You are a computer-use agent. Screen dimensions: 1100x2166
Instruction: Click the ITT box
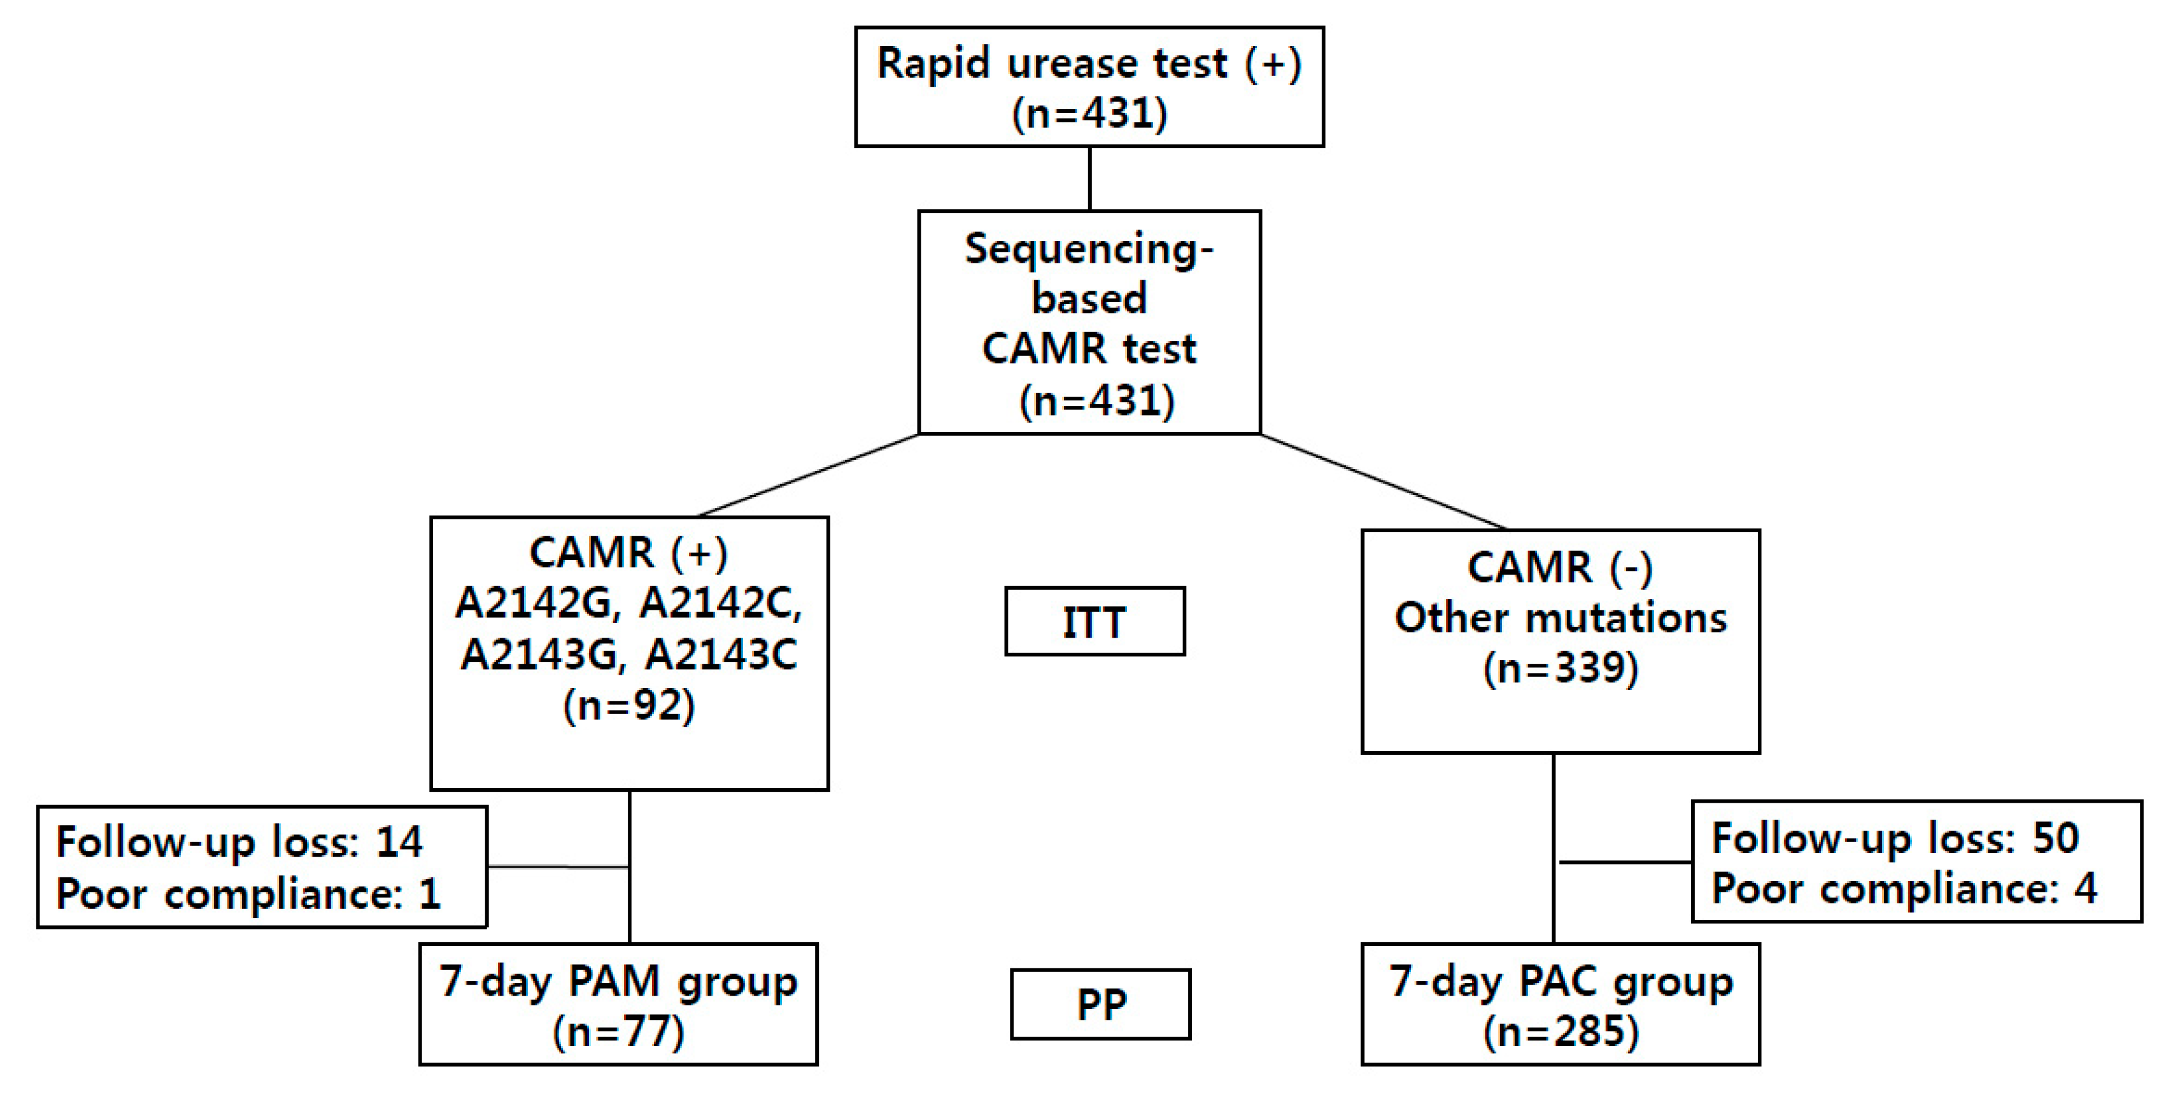(x=1095, y=621)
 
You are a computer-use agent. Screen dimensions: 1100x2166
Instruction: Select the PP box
(x=1101, y=1004)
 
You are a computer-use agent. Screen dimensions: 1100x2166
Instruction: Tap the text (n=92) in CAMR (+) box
(x=629, y=705)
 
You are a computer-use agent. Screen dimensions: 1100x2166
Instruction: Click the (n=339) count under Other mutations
(x=1561, y=668)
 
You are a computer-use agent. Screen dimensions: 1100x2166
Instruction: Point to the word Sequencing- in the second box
(x=1089, y=249)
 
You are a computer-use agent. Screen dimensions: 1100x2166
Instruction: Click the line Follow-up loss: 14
(x=239, y=842)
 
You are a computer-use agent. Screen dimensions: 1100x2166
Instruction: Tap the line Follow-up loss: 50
(x=1895, y=838)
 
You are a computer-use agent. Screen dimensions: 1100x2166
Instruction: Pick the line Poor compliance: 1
(x=248, y=893)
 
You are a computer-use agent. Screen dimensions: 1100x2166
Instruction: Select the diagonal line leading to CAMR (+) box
(x=809, y=475)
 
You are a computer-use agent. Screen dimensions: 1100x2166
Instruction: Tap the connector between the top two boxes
(x=1090, y=178)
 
